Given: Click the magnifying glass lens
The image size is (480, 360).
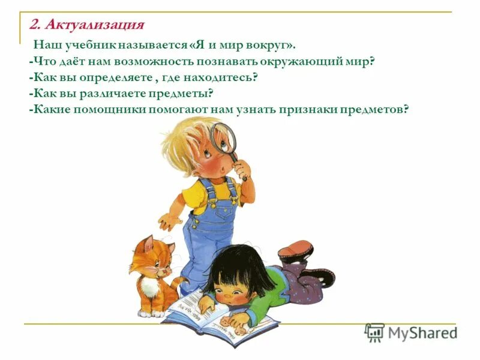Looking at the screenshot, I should click(x=224, y=137).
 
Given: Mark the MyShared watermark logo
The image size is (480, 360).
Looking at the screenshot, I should click(x=412, y=332).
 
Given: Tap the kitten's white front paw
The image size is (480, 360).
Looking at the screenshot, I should click(x=157, y=311).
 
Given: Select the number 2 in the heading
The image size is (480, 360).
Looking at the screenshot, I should click(x=34, y=25).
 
